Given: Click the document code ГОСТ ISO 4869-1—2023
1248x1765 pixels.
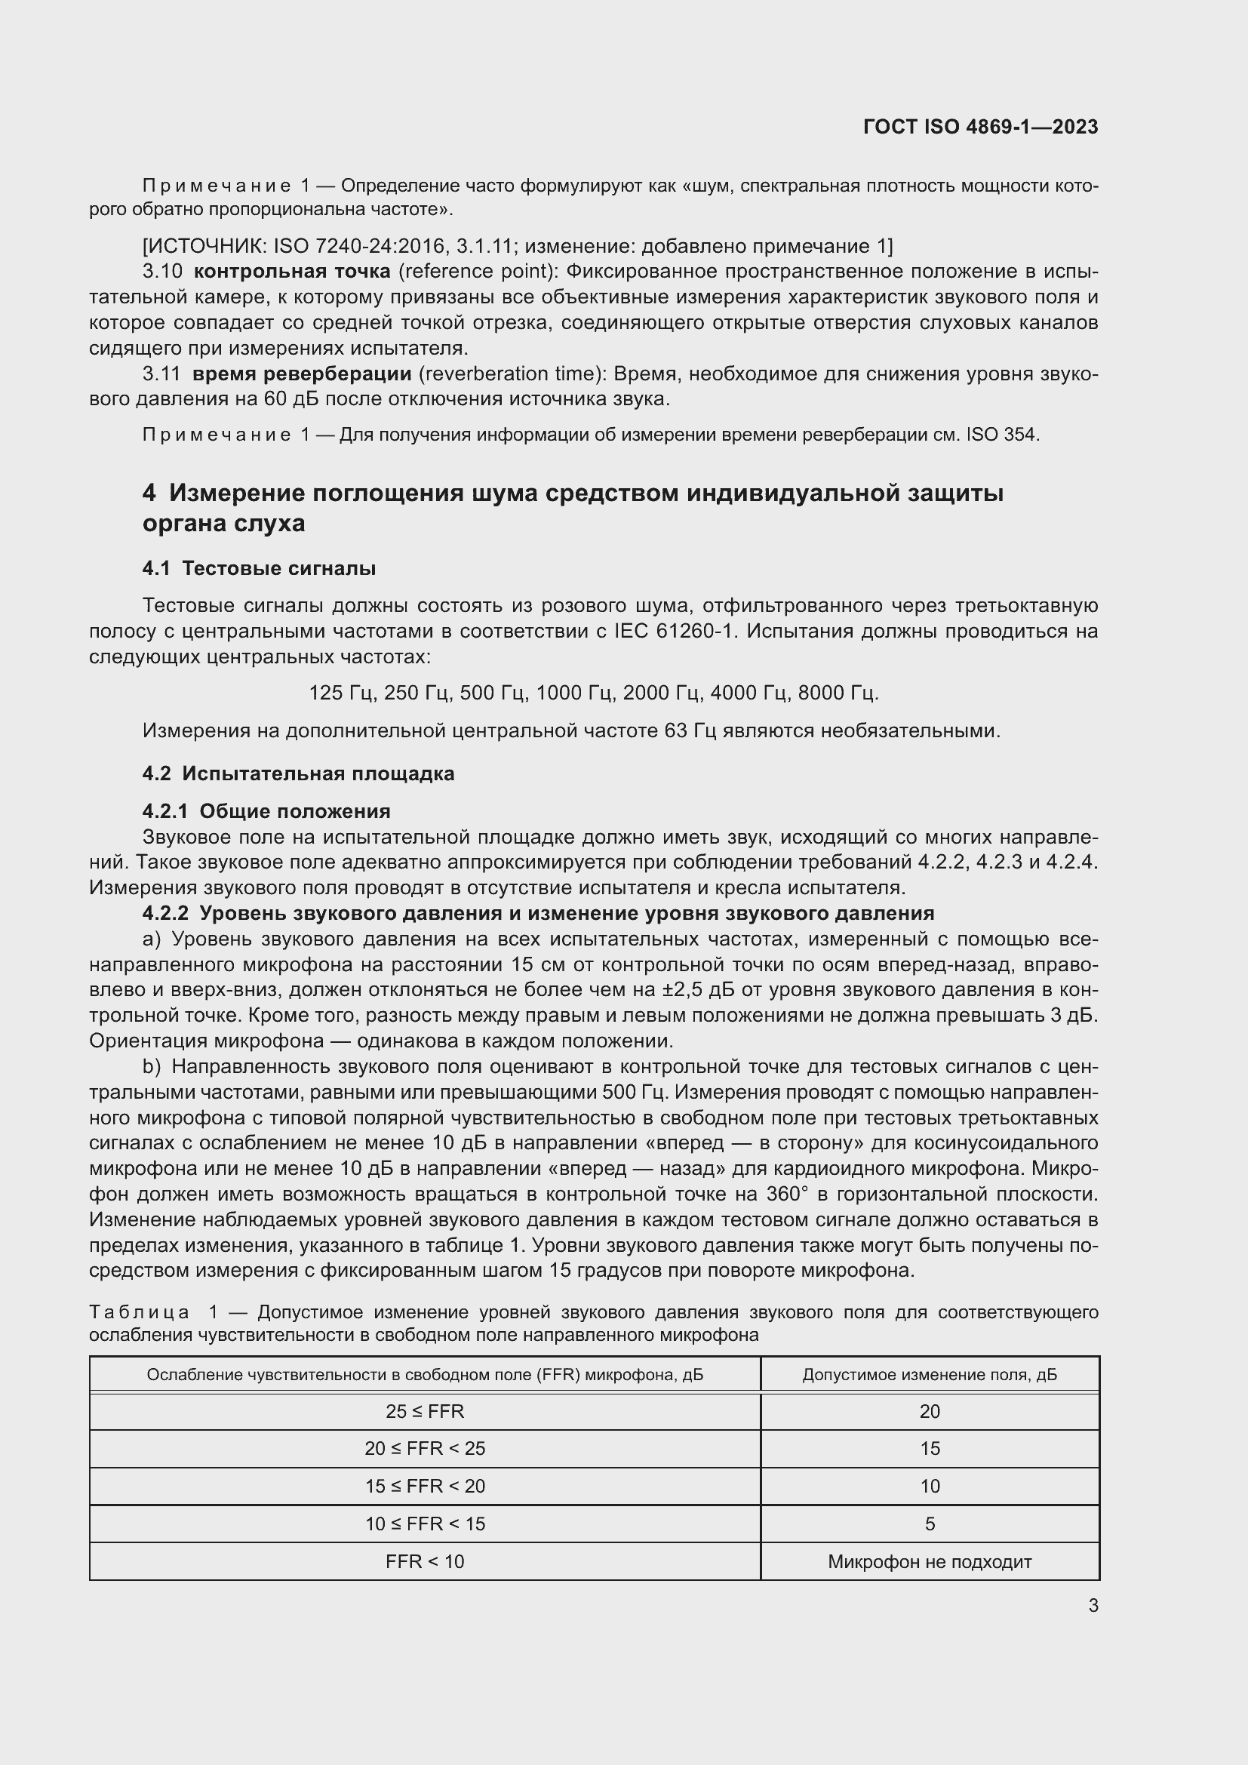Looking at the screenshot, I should (x=981, y=127).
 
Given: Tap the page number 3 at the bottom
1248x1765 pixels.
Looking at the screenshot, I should (x=1093, y=1605).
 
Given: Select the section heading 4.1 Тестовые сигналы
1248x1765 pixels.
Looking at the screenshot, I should (x=259, y=568).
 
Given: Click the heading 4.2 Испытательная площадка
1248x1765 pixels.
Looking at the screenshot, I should (x=298, y=773).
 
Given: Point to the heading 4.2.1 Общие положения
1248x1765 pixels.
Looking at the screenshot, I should (x=266, y=811).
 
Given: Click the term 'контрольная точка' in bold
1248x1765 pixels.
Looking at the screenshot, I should (x=292, y=272).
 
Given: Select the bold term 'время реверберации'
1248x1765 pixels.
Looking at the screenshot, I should (x=301, y=374).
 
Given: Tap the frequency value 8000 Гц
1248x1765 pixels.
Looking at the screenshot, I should (x=838, y=693).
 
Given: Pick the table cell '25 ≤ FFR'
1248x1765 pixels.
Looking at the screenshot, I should (x=425, y=1411).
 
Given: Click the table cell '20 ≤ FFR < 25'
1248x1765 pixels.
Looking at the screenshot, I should (x=425, y=1448).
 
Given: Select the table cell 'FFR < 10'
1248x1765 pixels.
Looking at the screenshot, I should (x=425, y=1561).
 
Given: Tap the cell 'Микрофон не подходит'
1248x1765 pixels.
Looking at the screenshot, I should (x=930, y=1561).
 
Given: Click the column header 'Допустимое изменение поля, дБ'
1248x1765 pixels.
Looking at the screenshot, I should (x=930, y=1374).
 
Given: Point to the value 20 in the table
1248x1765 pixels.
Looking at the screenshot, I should (x=930, y=1411).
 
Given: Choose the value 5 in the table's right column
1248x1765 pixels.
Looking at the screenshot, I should (x=930, y=1524).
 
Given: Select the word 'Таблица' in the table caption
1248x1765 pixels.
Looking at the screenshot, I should (x=139, y=1312).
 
